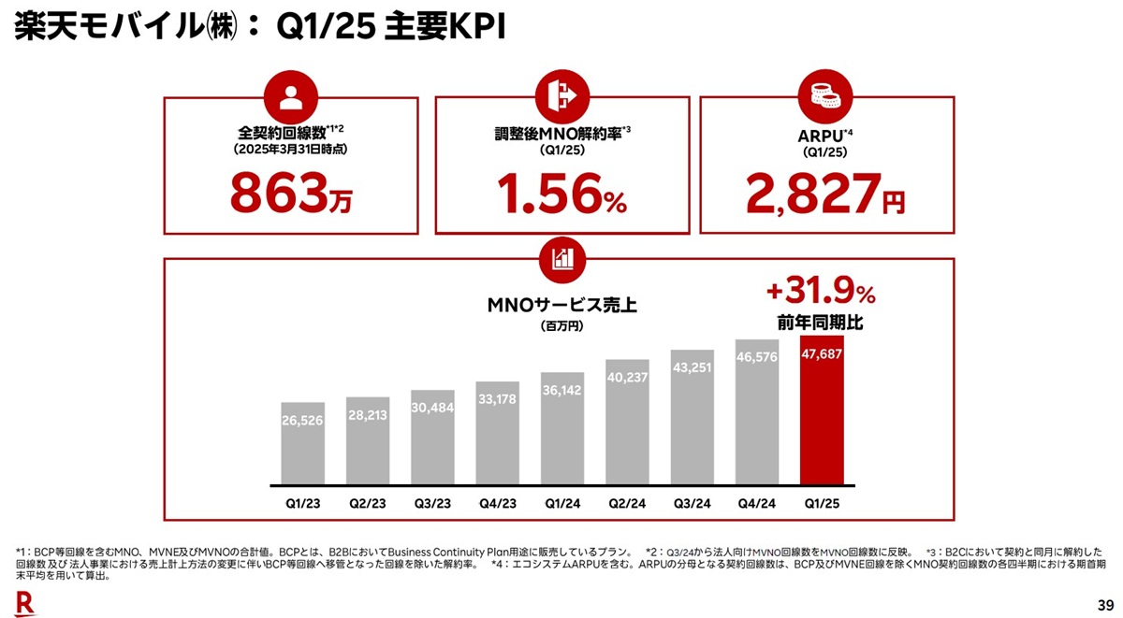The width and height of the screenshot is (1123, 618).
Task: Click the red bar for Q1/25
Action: [822, 411]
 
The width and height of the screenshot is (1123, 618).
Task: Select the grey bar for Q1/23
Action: [303, 444]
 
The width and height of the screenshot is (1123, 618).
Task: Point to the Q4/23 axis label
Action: [497, 503]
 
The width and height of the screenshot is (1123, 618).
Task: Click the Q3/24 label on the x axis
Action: [693, 503]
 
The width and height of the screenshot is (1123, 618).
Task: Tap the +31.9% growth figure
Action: [821, 294]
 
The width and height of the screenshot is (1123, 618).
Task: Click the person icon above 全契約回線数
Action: [291, 96]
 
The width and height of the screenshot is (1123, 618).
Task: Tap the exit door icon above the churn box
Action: [561, 96]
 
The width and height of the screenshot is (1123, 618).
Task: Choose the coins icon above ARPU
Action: [824, 96]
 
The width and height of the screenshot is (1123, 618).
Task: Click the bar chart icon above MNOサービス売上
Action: [561, 259]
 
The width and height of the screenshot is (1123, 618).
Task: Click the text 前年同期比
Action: [821, 323]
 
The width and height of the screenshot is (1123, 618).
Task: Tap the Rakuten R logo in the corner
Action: [24, 603]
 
